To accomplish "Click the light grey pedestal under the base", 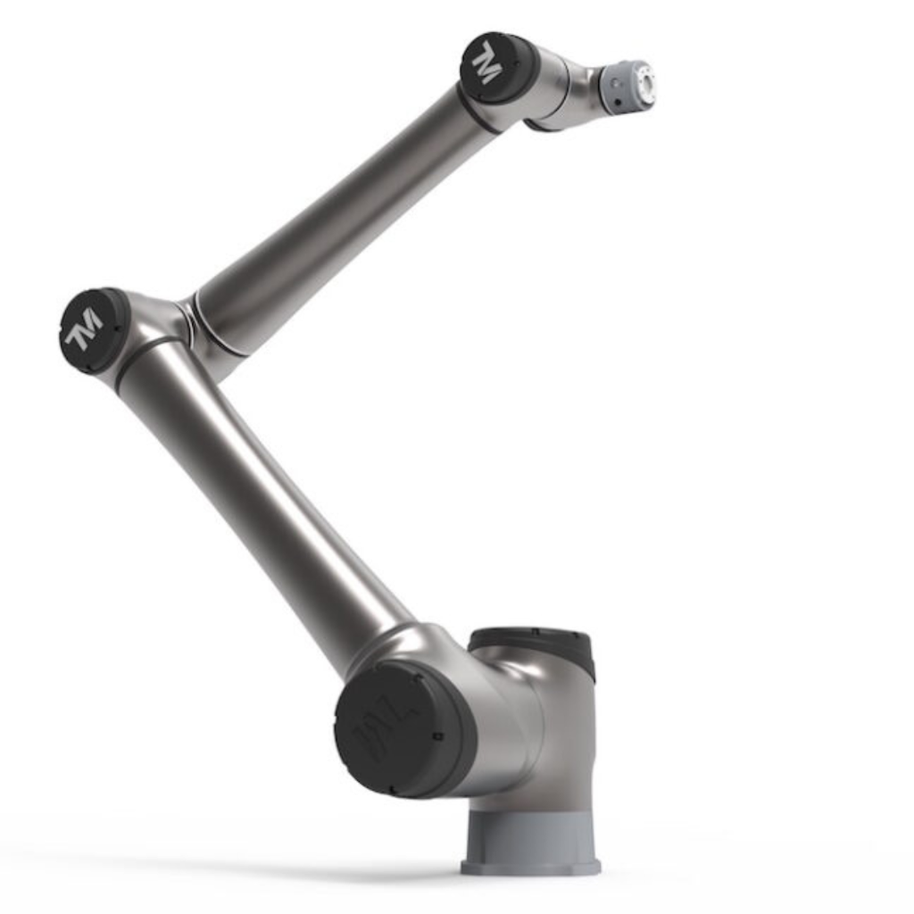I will coord(532,835).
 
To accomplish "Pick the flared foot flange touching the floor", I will coord(530,867).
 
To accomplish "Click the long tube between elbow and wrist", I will coord(348,214).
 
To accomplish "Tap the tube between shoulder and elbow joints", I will coord(268,500).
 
